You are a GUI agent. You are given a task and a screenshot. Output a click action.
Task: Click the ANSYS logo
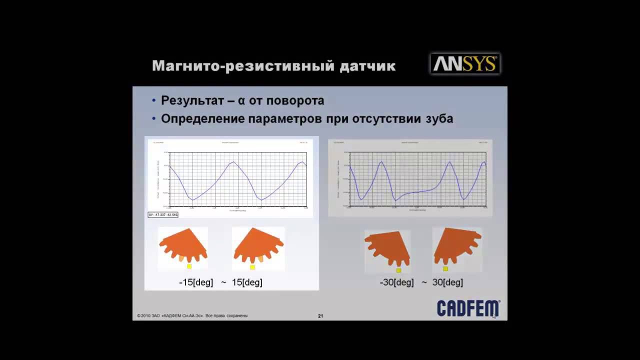[465, 64]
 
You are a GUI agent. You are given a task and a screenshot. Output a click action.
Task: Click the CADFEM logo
[468, 308]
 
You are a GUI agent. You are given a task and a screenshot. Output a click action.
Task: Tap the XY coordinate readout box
[163, 214]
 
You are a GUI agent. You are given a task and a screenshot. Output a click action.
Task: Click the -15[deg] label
[196, 282]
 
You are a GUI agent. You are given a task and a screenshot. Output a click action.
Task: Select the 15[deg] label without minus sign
[246, 282]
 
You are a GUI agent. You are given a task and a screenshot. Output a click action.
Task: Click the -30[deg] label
[397, 282]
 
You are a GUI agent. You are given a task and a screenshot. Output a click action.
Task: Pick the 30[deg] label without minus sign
[447, 282]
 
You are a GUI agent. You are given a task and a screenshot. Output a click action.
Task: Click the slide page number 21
[320, 316]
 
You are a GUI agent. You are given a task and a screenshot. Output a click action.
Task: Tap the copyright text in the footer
[192, 316]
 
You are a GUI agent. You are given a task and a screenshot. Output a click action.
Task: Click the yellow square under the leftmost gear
[189, 266]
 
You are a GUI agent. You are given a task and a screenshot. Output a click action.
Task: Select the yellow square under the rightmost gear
[445, 269]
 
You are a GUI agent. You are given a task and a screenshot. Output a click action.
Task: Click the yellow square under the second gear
[252, 267]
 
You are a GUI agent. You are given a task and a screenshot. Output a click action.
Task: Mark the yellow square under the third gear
[398, 270]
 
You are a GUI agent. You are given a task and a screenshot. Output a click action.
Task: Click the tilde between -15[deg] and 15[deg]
[223, 282]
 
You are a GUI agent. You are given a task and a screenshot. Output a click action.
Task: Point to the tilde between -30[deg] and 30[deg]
[424, 282]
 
